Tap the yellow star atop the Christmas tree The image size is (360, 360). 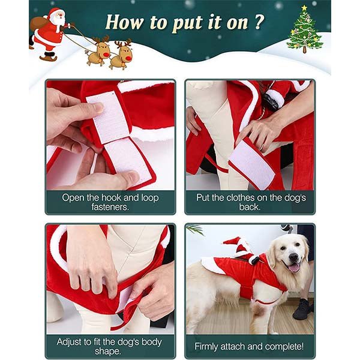click(x=304, y=8)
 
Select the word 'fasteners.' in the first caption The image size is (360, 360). click(x=110, y=207)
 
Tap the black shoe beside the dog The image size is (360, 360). click(x=302, y=310)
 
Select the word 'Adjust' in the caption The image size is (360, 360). click(x=70, y=342)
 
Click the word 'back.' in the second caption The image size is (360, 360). click(x=250, y=207)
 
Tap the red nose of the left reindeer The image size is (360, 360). click(x=106, y=55)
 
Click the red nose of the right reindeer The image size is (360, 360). click(x=129, y=58)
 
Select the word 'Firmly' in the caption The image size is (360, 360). click(x=206, y=347)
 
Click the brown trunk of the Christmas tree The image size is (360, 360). click(x=304, y=50)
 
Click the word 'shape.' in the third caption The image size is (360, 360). click(x=107, y=352)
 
